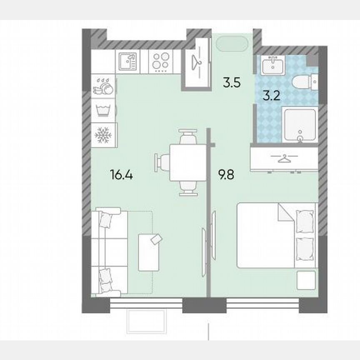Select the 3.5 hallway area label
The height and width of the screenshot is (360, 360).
232,82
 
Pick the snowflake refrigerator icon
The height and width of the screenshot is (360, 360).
102,135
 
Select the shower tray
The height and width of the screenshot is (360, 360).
300,124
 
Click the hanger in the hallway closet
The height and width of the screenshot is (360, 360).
197,62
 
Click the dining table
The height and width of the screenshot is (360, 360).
187,162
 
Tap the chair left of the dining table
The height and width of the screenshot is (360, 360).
162,162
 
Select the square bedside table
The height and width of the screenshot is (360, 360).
306,280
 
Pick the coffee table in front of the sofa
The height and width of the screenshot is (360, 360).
150,252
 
